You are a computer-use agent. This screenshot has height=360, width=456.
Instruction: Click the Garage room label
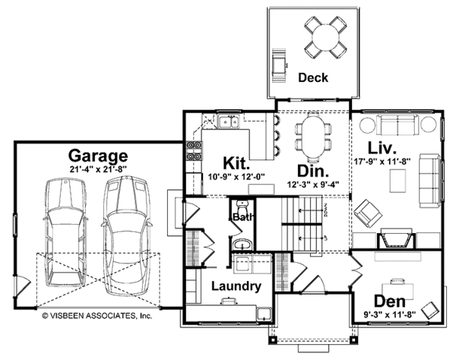[x=98, y=156]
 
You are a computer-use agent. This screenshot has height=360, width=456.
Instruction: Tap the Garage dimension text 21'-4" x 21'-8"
[x=98, y=169]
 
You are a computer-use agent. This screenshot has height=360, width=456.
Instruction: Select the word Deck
[x=313, y=77]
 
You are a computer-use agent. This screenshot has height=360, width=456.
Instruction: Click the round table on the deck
[x=325, y=37]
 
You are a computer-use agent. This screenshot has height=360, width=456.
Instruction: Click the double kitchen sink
[x=228, y=122]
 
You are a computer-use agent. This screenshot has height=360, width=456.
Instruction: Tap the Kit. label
[x=236, y=163]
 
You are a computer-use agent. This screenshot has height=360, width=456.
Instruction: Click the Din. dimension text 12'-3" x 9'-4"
[x=313, y=185]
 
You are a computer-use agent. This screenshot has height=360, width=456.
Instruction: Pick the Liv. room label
[x=382, y=147]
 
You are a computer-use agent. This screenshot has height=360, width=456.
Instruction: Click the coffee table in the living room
[x=397, y=181]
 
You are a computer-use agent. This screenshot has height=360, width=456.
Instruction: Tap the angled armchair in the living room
[x=368, y=213]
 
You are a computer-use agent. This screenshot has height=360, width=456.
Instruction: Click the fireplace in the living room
[x=397, y=238]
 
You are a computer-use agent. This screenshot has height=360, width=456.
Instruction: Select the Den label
[x=390, y=301]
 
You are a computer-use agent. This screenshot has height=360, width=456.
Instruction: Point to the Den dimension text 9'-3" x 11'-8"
[x=390, y=314]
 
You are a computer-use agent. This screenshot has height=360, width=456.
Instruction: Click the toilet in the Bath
[x=242, y=208]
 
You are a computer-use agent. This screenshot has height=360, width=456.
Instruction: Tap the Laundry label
[x=236, y=286]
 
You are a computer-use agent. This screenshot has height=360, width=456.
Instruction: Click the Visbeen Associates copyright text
[x=97, y=315]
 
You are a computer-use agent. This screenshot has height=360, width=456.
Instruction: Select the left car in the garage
[x=65, y=232]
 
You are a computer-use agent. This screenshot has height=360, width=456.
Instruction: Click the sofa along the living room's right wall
[x=430, y=181]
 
